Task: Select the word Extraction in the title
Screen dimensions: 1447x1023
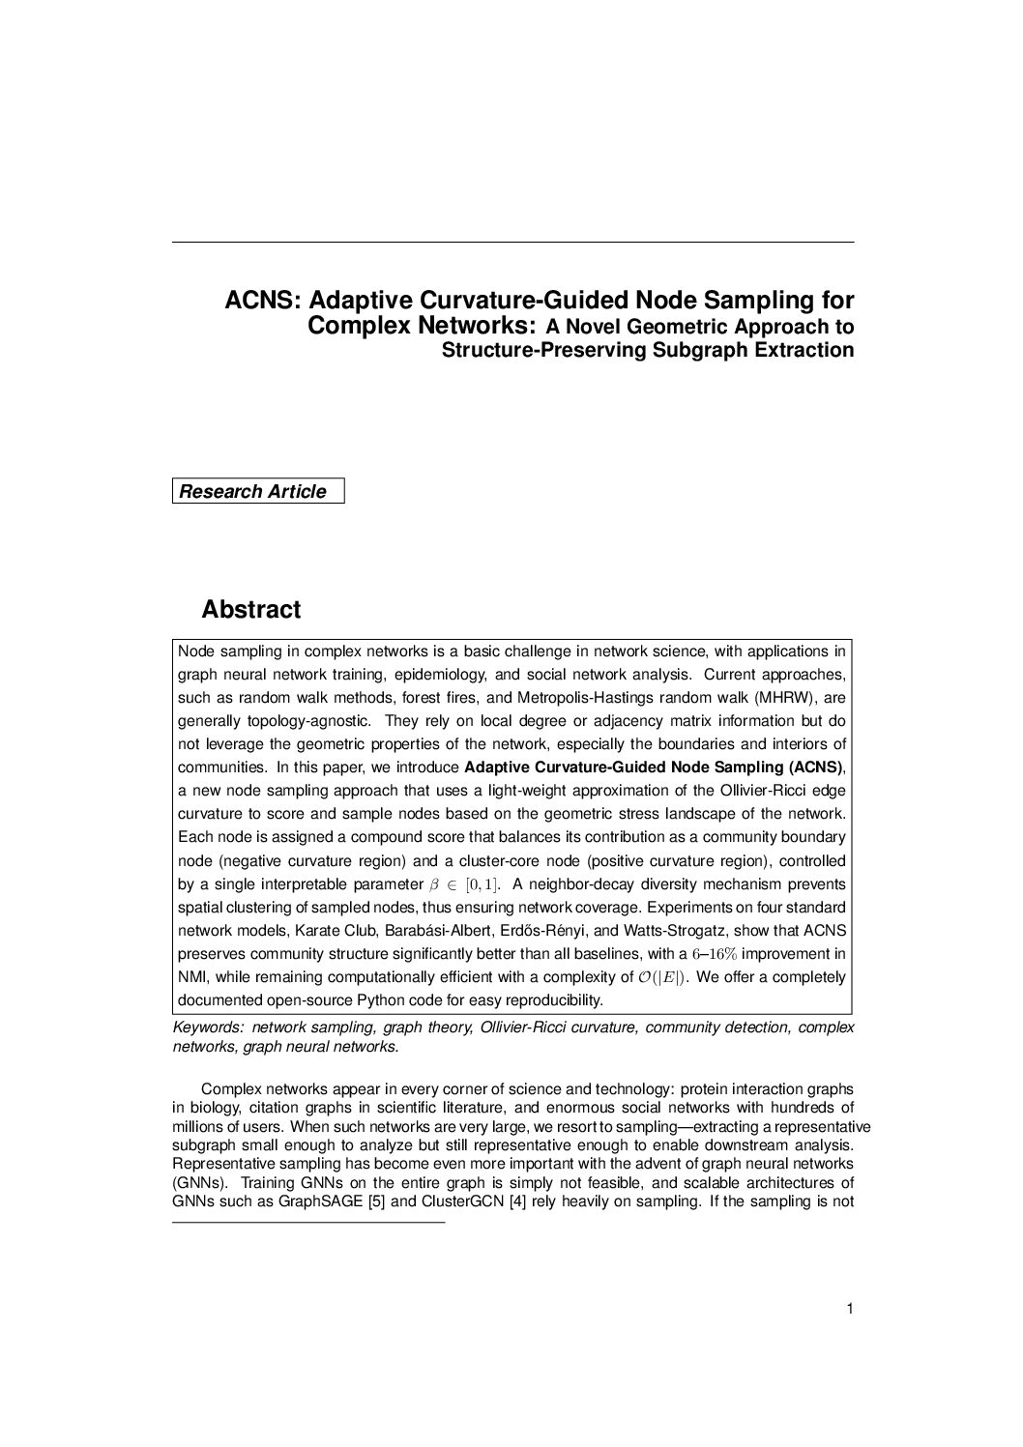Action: click(807, 350)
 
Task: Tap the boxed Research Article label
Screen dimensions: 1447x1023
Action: click(253, 492)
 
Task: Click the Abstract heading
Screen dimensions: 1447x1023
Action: click(250, 610)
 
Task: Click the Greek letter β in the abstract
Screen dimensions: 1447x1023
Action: click(433, 884)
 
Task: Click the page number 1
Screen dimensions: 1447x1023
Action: click(849, 1310)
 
